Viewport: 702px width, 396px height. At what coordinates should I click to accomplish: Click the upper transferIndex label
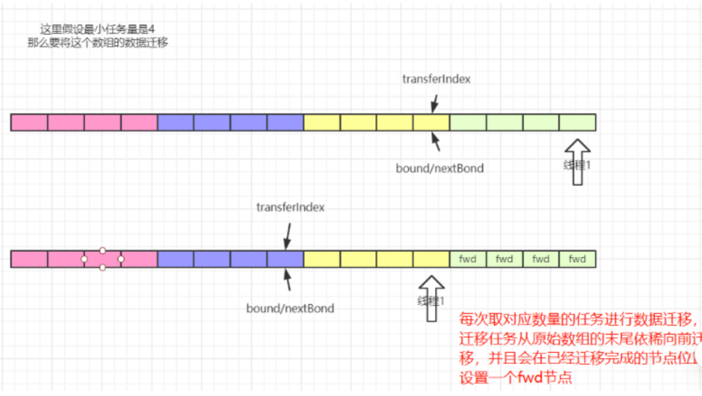(436, 79)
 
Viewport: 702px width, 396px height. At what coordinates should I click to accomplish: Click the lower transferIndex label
(290, 207)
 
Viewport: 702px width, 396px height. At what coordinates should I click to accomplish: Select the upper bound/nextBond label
(439, 168)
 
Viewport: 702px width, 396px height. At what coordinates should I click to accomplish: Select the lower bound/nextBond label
(290, 308)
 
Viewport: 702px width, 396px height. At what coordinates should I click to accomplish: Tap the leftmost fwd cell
(467, 259)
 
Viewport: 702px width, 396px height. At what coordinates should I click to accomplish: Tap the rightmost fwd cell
(577, 259)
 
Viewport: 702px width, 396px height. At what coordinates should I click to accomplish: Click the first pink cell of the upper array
(29, 122)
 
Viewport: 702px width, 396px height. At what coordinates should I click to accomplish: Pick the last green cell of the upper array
(577, 122)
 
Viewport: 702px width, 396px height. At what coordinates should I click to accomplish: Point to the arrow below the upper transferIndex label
(434, 103)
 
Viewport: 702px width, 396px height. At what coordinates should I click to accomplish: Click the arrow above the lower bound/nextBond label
(286, 280)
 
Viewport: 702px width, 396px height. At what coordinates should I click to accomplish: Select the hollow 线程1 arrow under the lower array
(430, 298)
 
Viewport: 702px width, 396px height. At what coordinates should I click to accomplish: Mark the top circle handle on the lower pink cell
(103, 250)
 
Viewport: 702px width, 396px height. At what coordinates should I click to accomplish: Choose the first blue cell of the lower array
(175, 259)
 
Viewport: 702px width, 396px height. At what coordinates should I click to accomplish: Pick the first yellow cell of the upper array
(322, 122)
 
